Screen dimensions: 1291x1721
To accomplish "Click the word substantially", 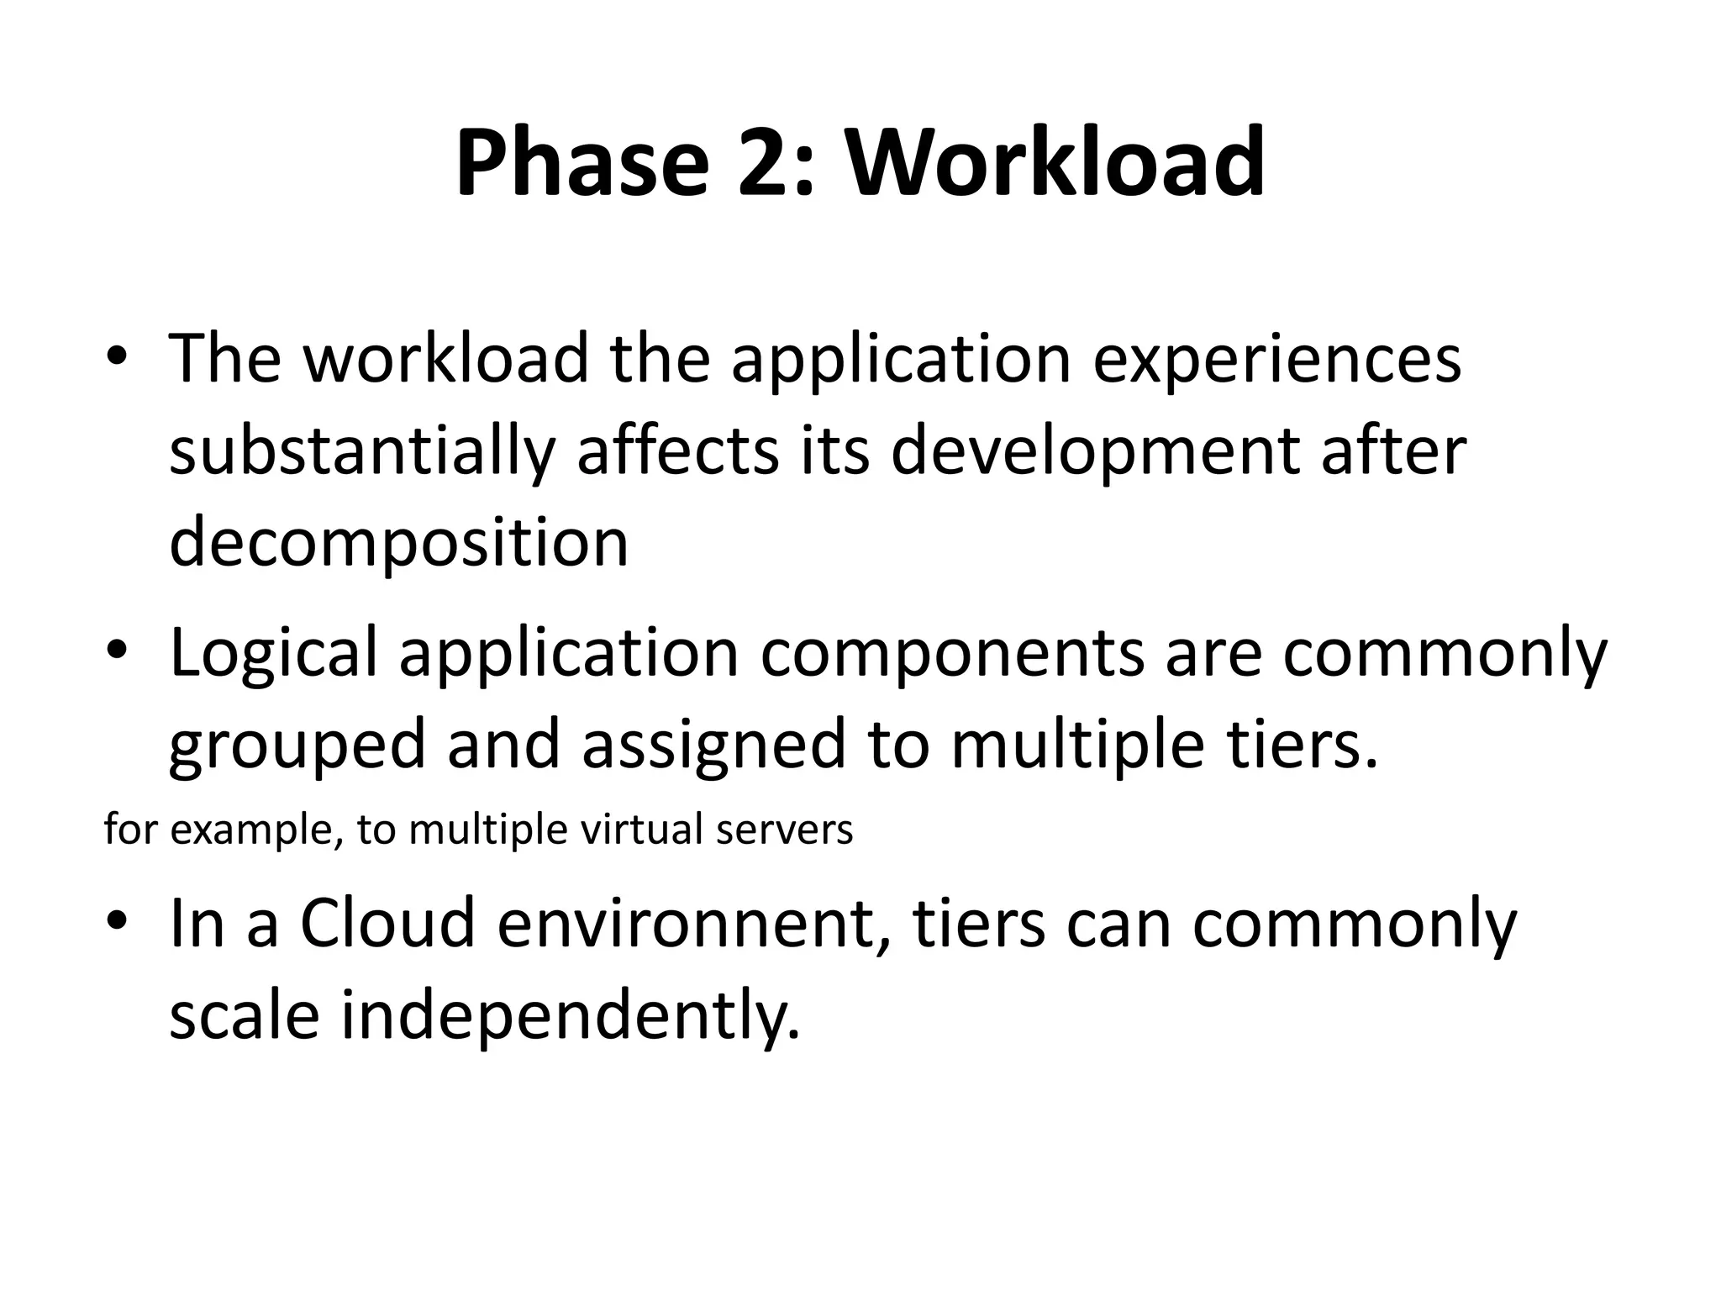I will (x=362, y=452).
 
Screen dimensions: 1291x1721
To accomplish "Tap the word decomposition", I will (x=399, y=542).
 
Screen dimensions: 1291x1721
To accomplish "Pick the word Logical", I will (x=273, y=654).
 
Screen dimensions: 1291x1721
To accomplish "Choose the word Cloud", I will (x=387, y=923).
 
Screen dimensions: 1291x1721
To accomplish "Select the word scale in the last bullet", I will (x=244, y=1015).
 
